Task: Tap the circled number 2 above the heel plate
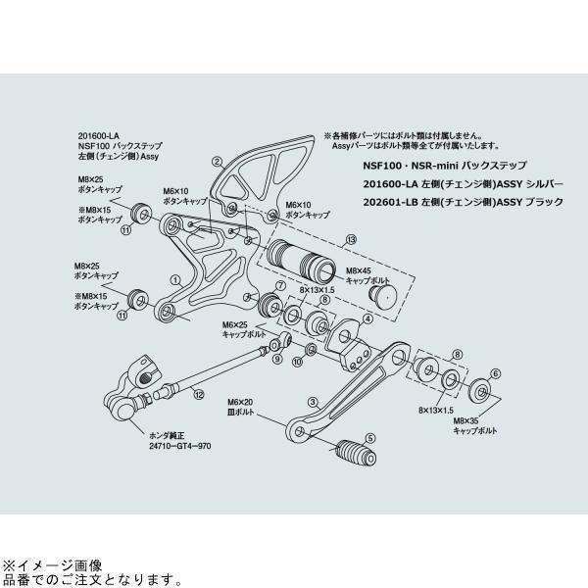coord(218,160)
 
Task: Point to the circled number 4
coord(367,318)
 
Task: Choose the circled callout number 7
coord(280,285)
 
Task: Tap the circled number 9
coord(277,360)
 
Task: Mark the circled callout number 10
coord(299,361)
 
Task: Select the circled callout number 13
coord(351,238)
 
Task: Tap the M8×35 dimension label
coord(467,420)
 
